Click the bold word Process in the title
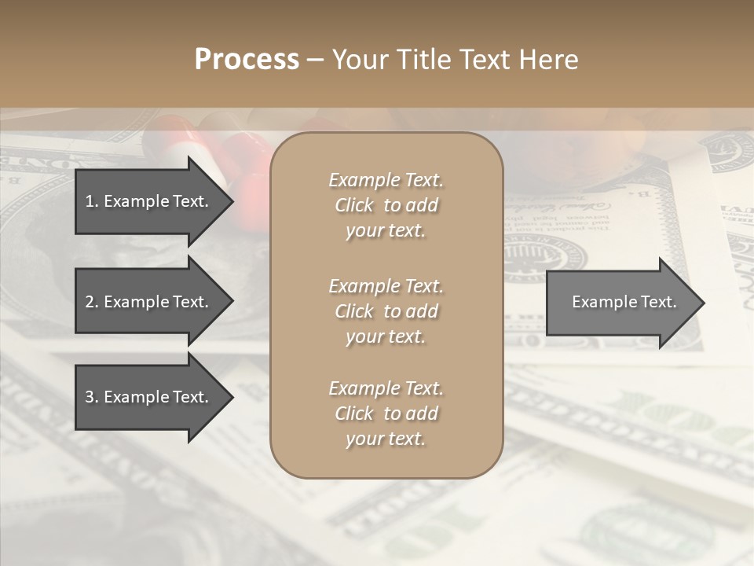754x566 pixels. coord(247,60)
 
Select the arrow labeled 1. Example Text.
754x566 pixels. coord(149,201)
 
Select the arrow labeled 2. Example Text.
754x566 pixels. coord(149,302)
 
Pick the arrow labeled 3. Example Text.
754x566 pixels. coord(149,397)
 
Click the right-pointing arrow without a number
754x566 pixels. coord(620,302)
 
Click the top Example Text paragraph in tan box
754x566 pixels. coord(386,205)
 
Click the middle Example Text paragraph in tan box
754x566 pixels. coord(386,311)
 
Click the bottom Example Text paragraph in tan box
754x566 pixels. coord(386,413)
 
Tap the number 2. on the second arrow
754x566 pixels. coord(92,302)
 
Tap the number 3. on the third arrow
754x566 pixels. coord(92,397)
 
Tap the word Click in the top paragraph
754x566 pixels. coord(354,205)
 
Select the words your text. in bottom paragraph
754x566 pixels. coord(386,439)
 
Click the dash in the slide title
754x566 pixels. coord(316,60)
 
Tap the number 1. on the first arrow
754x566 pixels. coord(92,201)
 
